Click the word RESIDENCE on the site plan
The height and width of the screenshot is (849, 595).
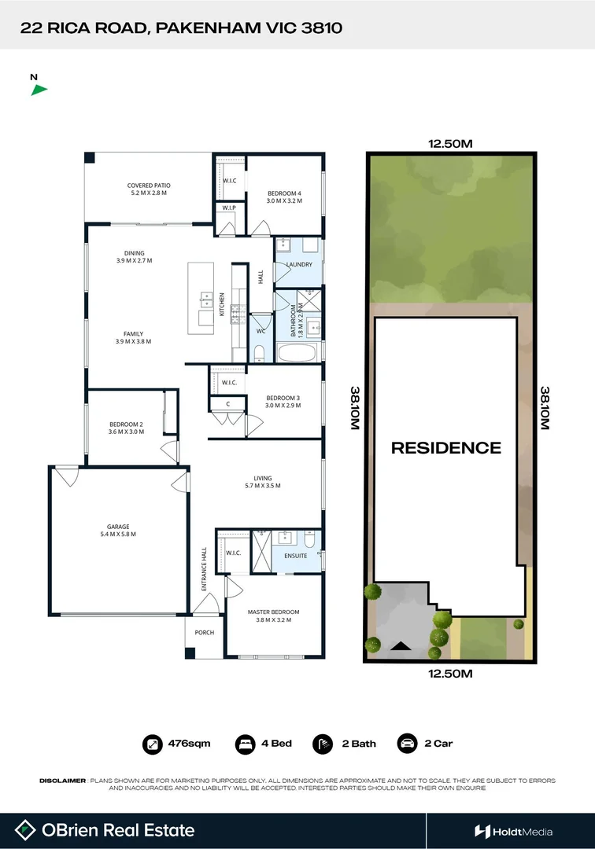(446, 448)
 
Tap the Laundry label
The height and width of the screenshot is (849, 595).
(300, 264)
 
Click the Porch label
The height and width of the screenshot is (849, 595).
(204, 632)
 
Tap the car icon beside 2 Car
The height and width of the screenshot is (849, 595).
(407, 743)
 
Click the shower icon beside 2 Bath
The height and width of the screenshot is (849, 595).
(322, 743)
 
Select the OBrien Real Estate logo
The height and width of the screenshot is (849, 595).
(106, 830)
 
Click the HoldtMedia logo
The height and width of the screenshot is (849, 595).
(513, 831)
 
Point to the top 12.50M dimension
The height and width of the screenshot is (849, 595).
(449, 144)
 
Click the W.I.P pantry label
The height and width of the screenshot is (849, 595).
(229, 208)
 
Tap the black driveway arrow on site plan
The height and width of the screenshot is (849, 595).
(401, 646)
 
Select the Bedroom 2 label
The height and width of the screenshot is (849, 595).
(126, 428)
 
